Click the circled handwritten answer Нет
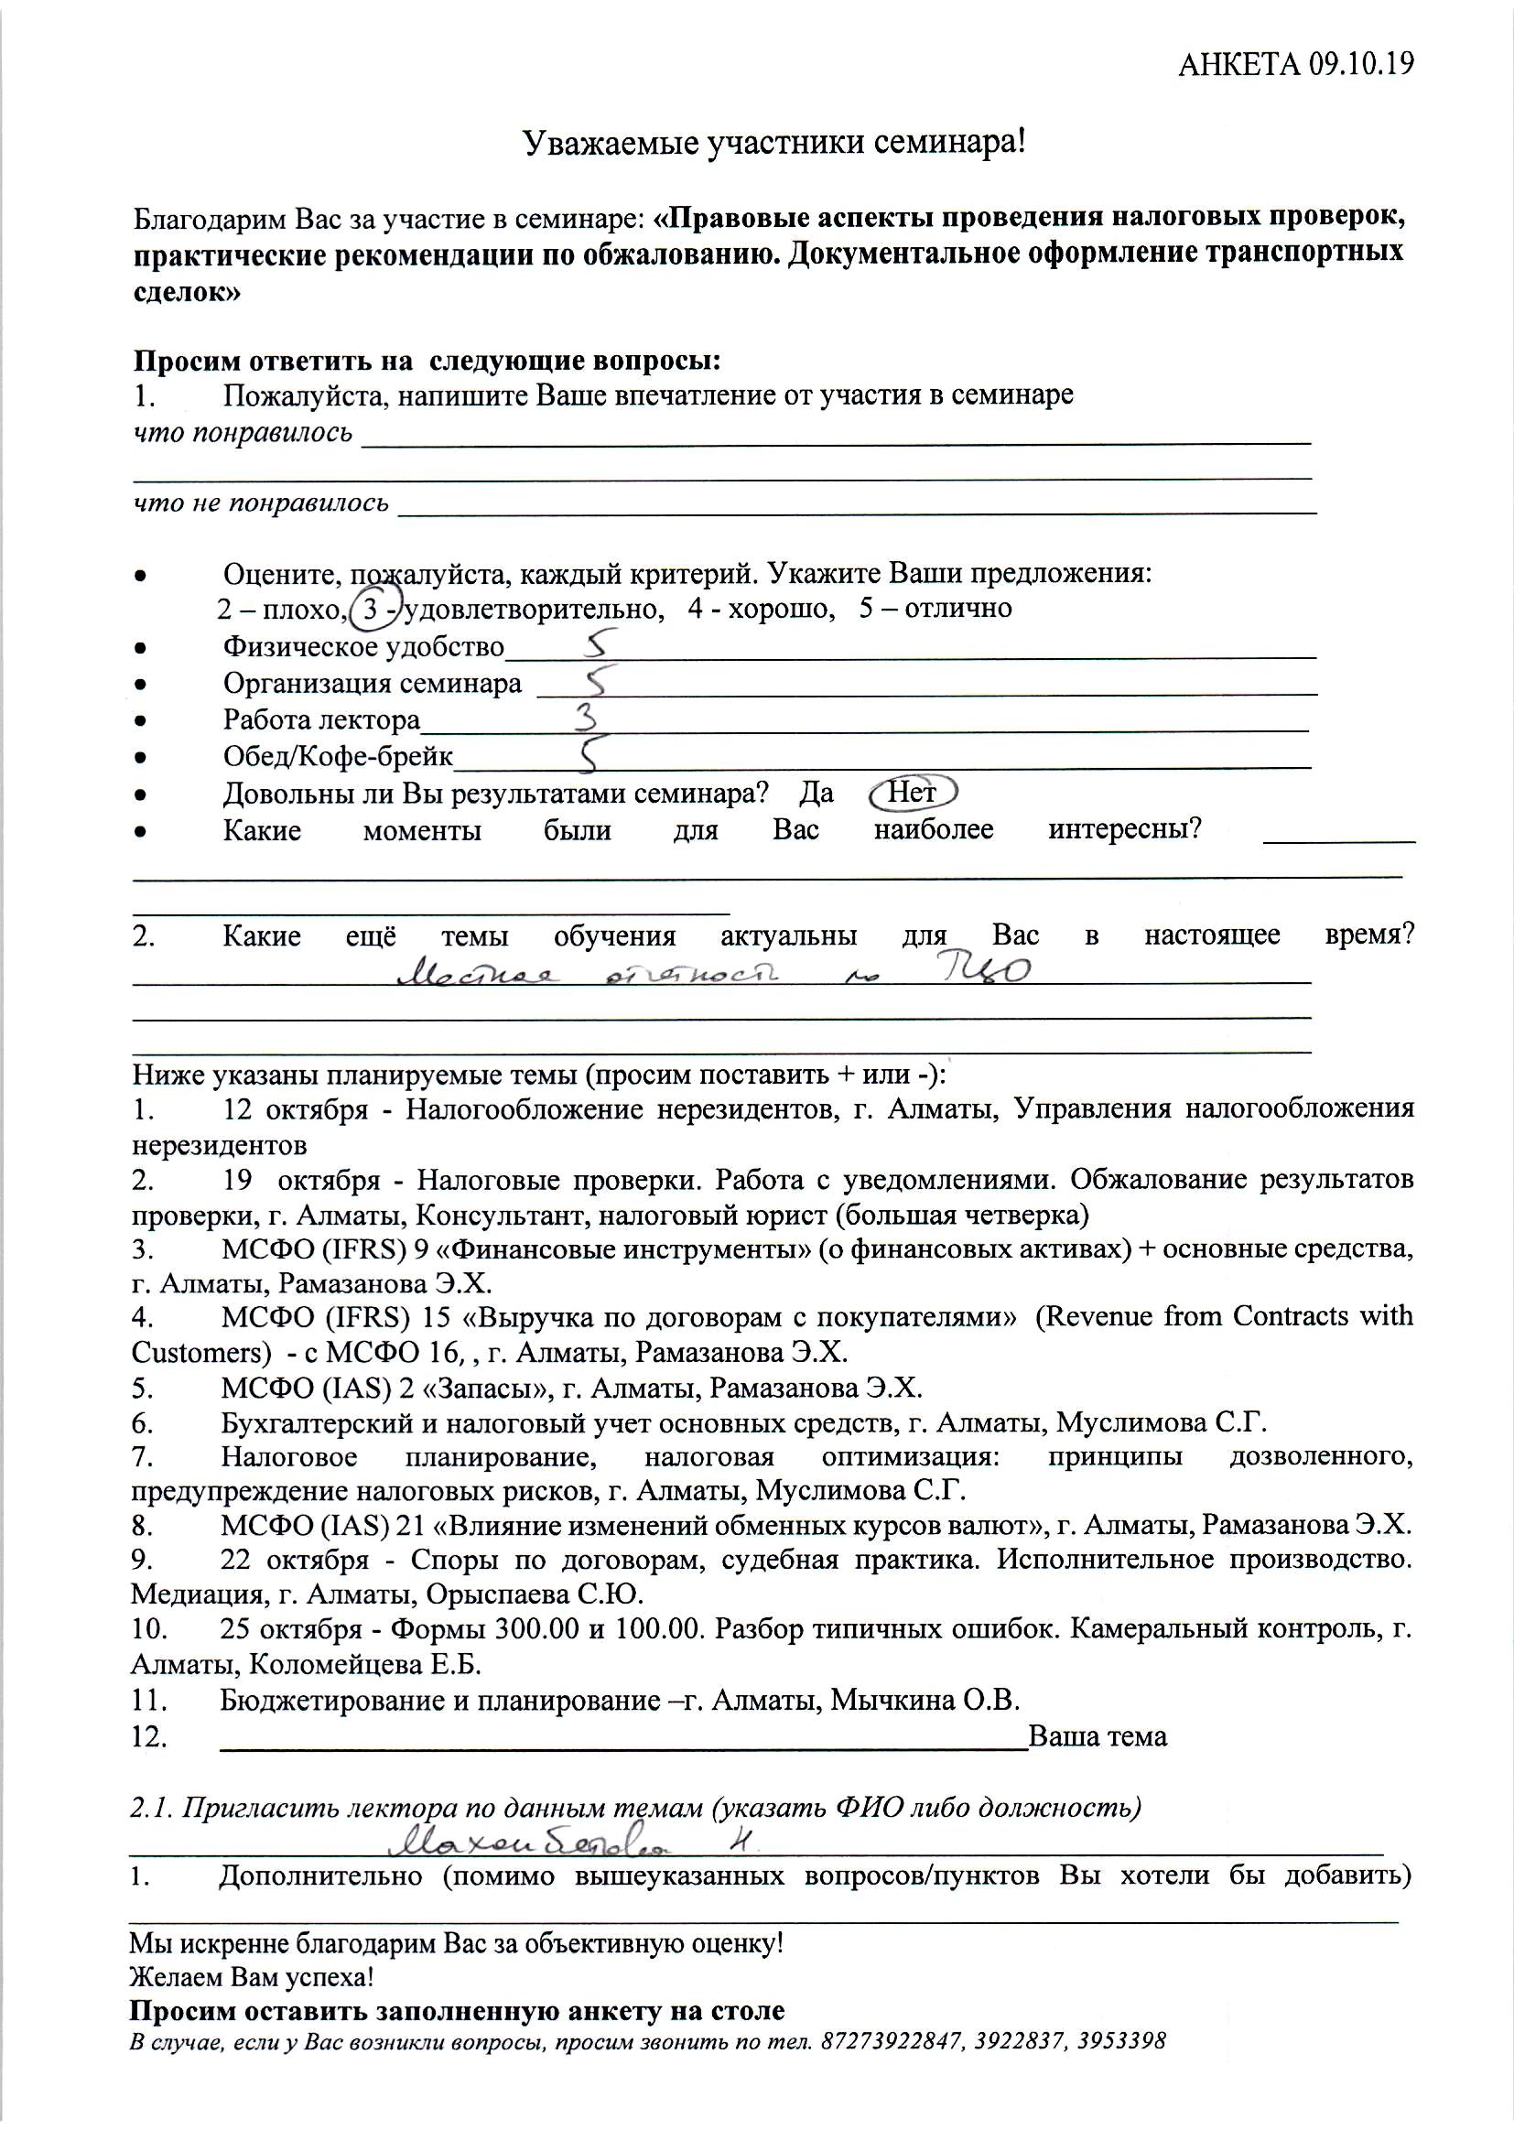click(912, 793)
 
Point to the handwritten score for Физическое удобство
click(600, 643)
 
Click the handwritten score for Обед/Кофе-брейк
click(589, 754)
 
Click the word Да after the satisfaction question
click(816, 794)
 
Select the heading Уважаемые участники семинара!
click(773, 143)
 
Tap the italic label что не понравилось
click(261, 503)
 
